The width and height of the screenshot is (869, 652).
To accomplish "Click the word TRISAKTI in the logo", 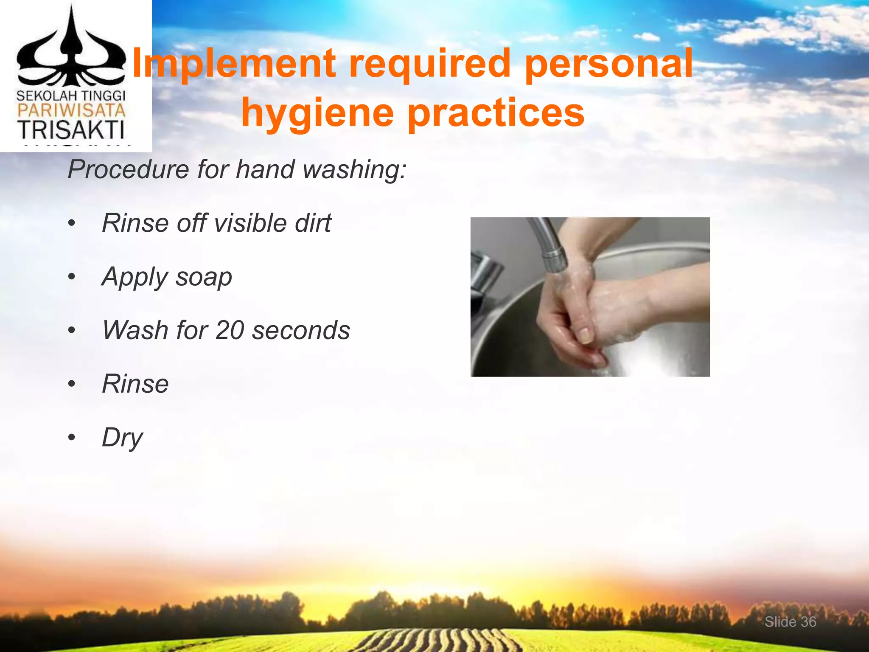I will pos(71,130).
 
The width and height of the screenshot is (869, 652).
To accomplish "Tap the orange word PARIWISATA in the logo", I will pos(71,111).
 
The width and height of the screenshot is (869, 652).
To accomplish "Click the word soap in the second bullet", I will pos(204,277).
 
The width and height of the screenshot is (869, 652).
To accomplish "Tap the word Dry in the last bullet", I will pos(122,438).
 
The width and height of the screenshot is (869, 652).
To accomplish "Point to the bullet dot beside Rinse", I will pos(72,384).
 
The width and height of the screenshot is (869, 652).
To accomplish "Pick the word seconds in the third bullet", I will pos(301,330).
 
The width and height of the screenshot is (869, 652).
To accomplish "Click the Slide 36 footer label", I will pos(790,622).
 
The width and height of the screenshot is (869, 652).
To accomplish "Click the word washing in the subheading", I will pos(354,169).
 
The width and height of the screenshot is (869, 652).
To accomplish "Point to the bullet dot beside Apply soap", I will pos(72,277).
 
